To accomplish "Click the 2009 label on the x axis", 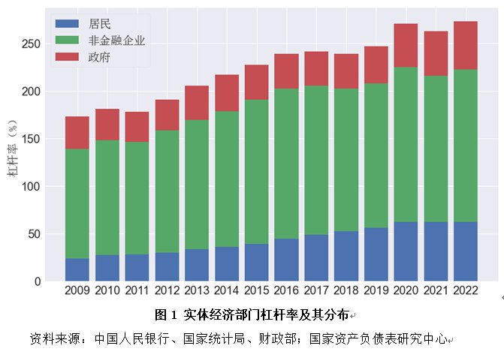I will [x=77, y=291].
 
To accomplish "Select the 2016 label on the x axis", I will [x=286, y=291].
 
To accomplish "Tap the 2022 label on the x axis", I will [x=466, y=291].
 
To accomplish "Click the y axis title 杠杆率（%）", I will [x=14, y=150].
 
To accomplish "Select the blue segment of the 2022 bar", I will [x=466, y=251].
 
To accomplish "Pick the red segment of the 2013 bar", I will [x=197, y=103].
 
